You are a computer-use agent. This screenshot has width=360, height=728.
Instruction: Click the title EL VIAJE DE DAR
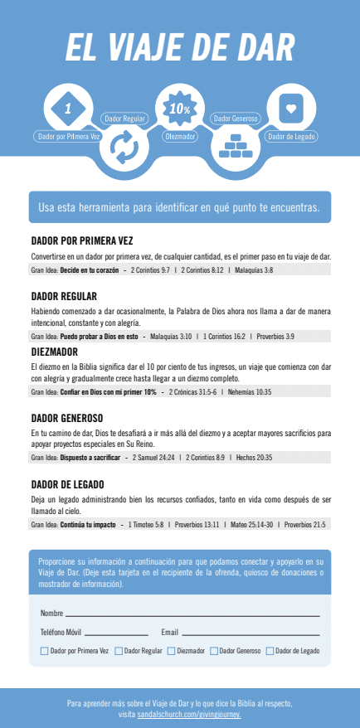coord(180,46)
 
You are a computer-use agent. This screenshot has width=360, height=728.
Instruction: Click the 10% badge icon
coord(180,108)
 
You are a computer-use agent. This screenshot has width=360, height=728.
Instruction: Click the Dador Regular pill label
coord(124,119)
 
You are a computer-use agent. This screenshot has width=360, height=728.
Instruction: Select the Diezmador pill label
coord(180,136)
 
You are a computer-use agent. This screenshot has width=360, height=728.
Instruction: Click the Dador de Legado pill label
coord(291,136)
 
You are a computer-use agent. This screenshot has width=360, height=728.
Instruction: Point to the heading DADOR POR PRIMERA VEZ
coord(81,241)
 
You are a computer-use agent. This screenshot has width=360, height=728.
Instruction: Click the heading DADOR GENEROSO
coord(66,418)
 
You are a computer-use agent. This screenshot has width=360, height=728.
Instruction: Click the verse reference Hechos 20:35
coord(254,458)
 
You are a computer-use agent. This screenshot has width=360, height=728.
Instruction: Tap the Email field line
coord(249,633)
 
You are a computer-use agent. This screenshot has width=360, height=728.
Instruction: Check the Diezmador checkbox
coord(172,652)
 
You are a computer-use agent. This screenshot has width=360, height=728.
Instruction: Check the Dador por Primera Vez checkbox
coord(44,652)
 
